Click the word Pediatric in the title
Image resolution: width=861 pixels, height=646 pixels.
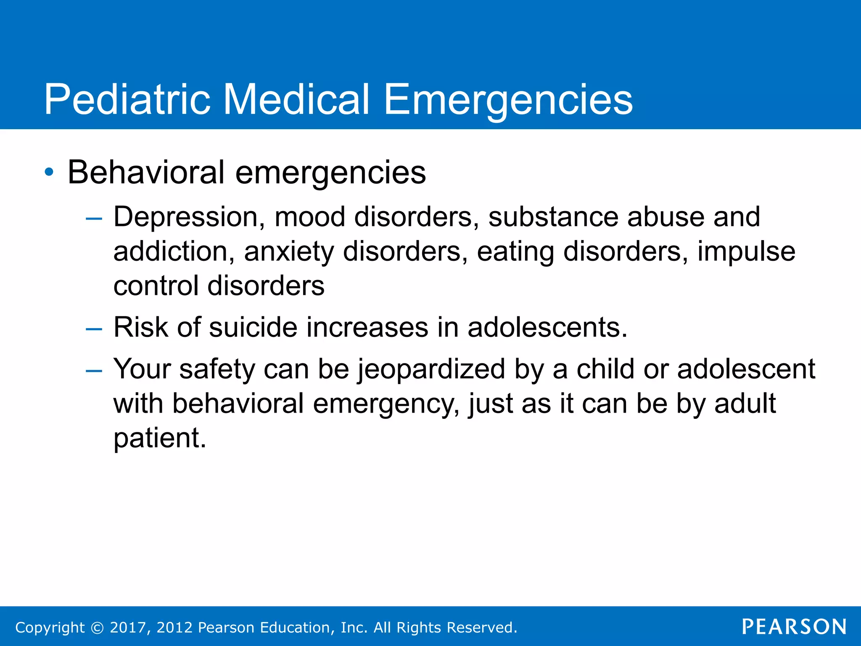click(x=127, y=99)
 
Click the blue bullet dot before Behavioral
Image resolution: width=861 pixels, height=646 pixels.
click(x=49, y=172)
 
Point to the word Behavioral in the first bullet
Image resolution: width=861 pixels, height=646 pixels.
click(x=146, y=172)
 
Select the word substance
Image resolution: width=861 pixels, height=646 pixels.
click(x=553, y=217)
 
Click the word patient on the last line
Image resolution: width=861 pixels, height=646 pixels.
click(x=160, y=438)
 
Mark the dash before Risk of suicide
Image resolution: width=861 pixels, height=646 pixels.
click(x=94, y=328)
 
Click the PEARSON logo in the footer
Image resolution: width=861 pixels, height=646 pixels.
click(x=794, y=627)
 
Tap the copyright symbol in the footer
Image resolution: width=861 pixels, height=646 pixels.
click(x=97, y=627)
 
